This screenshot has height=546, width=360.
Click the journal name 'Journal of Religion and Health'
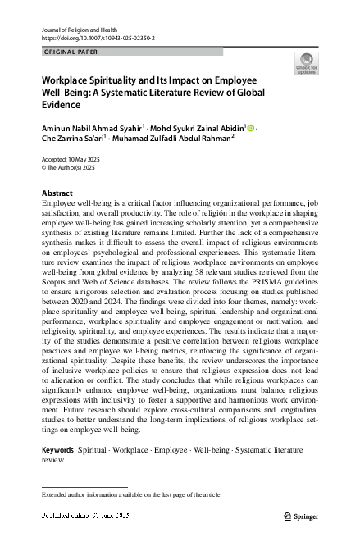click(x=71, y=29)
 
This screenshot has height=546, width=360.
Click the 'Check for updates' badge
click(x=307, y=64)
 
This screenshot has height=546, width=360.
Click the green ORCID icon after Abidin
click(x=251, y=127)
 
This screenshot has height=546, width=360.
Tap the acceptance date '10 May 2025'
click(x=89, y=157)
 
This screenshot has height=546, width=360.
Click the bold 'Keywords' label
click(x=57, y=451)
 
